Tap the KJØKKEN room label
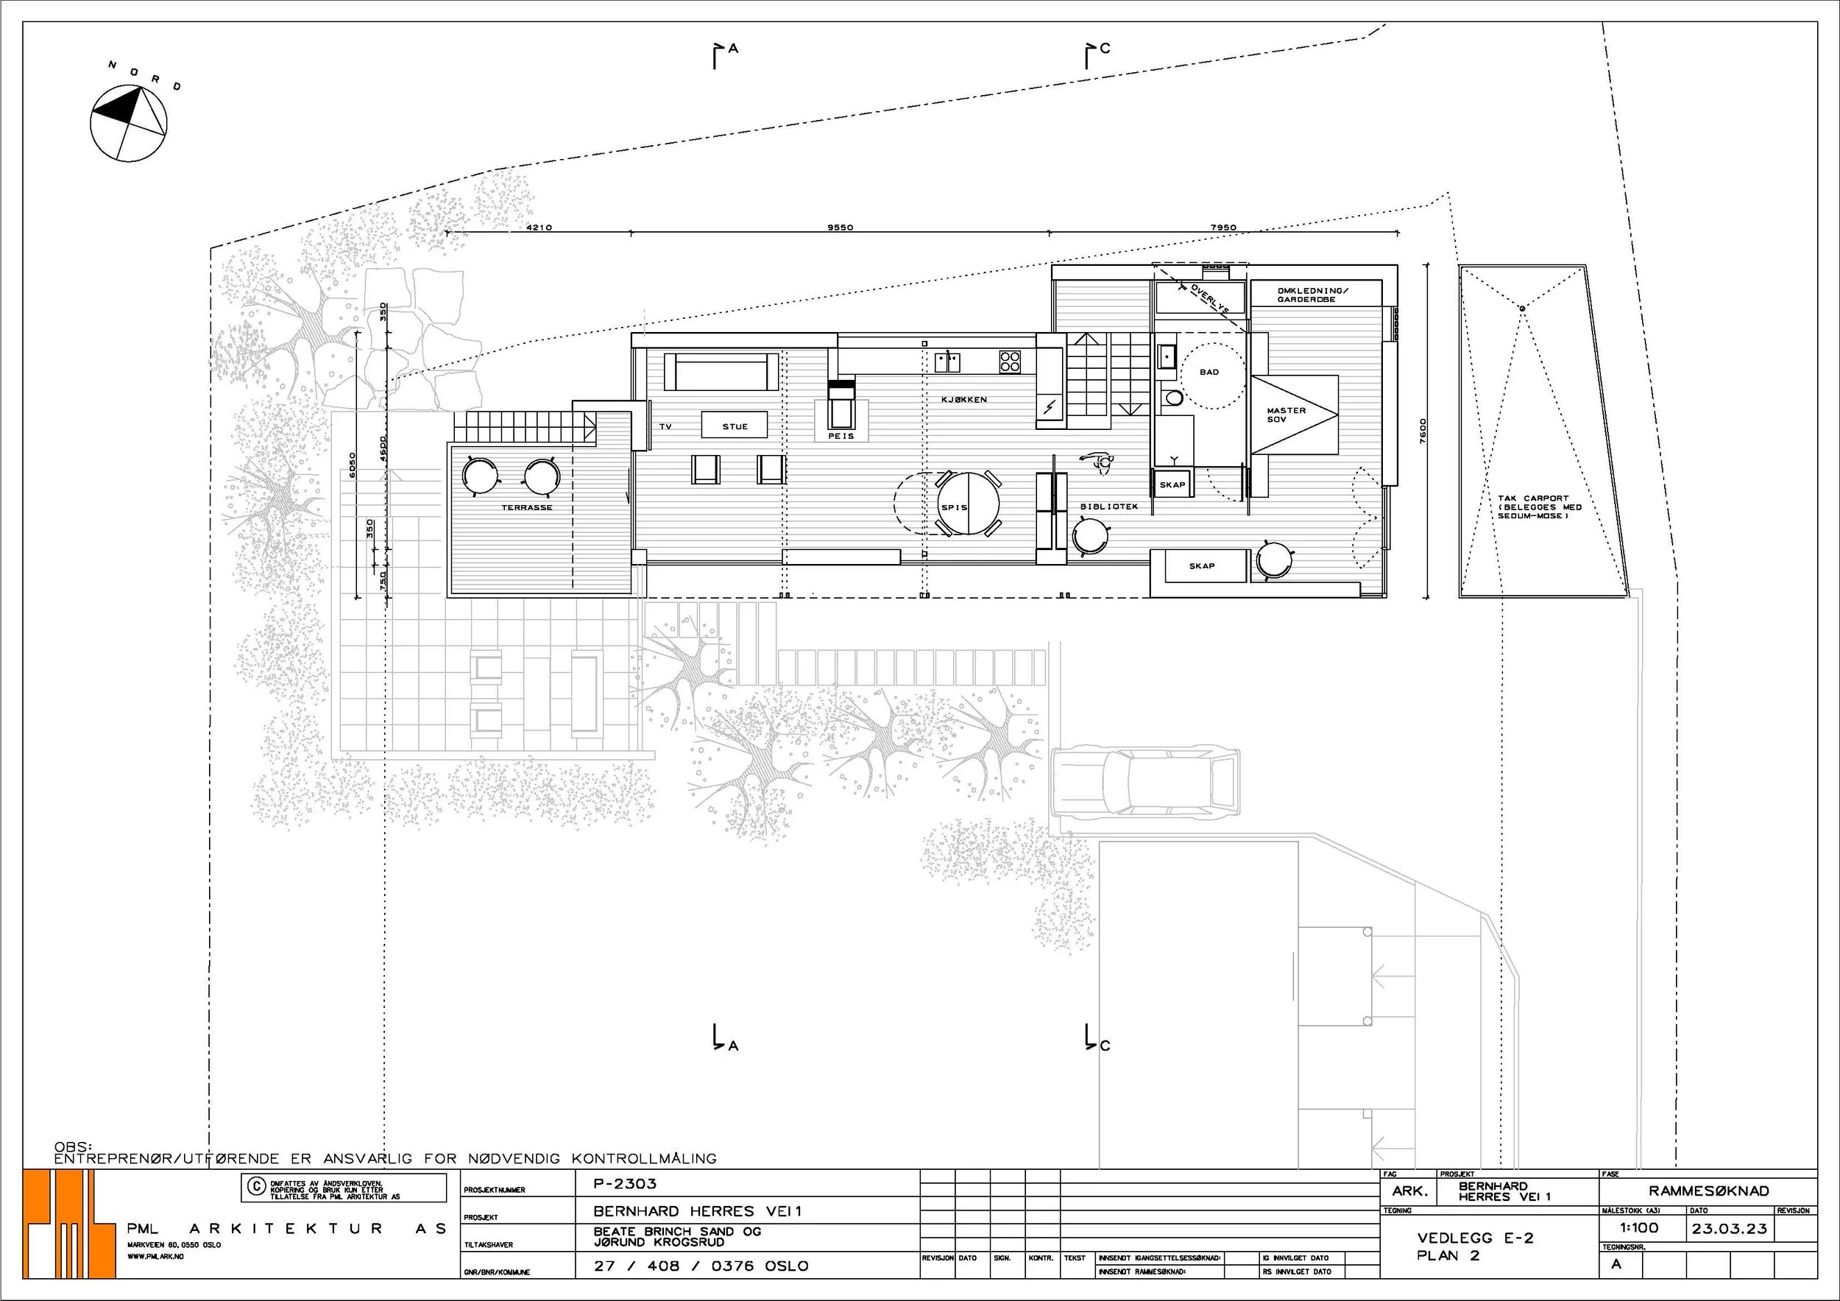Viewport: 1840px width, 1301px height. pos(964,399)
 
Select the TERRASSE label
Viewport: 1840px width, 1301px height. pos(526,507)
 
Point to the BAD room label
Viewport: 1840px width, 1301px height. pos(1209,372)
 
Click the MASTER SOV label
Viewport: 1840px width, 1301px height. pos(1287,415)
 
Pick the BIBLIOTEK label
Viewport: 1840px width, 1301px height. pos(1109,507)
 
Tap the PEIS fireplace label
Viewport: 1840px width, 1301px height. pos(841,436)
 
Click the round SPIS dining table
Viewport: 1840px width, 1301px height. pos(969,504)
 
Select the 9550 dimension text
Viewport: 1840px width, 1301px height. pos(840,228)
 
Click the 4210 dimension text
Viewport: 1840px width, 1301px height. pos(539,228)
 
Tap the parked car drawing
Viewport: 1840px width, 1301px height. pos(1145,783)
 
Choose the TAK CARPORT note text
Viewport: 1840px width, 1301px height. pos(1540,507)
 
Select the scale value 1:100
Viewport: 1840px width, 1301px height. pos(1639,1227)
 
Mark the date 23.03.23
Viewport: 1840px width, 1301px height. pos(1730,1228)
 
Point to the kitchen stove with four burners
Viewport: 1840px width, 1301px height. pos(1010,362)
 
